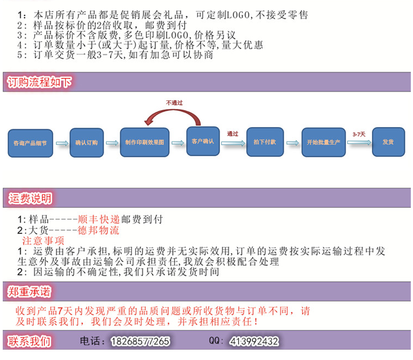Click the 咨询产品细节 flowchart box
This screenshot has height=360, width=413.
[30, 143]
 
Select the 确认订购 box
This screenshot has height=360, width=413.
[87, 142]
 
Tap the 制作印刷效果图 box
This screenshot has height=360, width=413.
[145, 142]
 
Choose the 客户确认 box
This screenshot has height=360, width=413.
[203, 141]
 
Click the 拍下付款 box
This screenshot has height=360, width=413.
[265, 142]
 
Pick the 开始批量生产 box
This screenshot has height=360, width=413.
[324, 142]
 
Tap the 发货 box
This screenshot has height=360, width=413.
[388, 142]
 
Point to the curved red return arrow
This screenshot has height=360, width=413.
[173, 111]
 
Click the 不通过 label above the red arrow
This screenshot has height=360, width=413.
[174, 103]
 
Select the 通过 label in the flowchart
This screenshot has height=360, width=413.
[233, 134]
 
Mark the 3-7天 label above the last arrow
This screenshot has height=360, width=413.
[359, 134]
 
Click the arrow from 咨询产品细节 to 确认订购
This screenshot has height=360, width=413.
[62, 143]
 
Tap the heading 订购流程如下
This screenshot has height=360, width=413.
[39, 82]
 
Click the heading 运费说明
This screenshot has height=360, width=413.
[30, 198]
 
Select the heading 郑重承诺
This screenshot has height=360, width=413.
[29, 292]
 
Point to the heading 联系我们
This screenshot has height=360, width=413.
[28, 341]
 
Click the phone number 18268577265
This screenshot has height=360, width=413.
[140, 341]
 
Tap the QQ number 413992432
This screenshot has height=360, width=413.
[254, 341]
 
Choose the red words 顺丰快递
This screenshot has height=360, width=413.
[99, 219]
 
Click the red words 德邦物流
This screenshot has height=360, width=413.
[99, 230]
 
